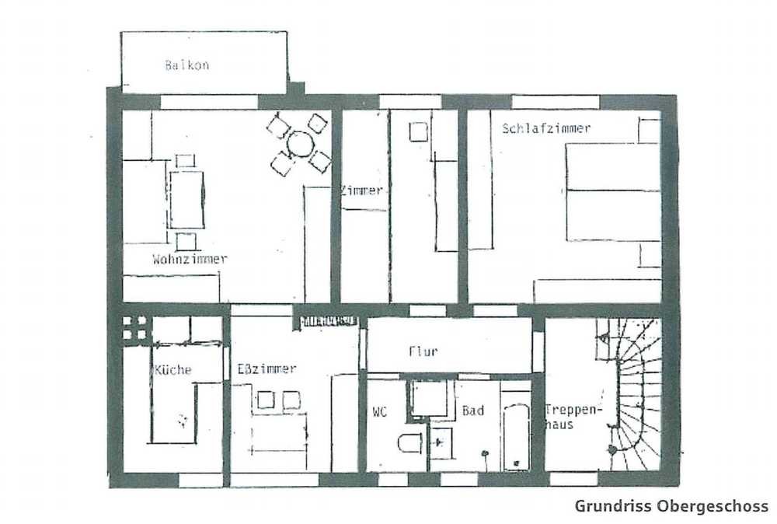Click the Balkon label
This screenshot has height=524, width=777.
(x=186, y=65)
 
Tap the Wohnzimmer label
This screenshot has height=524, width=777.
(x=190, y=259)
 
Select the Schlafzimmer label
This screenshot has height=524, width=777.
(x=546, y=128)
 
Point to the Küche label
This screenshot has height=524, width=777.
(x=173, y=370)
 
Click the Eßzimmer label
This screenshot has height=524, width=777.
(x=267, y=369)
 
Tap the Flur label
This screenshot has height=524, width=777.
(x=423, y=351)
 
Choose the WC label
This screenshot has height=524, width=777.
(x=380, y=411)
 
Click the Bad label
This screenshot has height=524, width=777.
(x=472, y=410)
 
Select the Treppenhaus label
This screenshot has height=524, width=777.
(x=573, y=417)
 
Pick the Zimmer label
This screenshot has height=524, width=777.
(x=362, y=190)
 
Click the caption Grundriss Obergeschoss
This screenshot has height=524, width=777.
(x=671, y=506)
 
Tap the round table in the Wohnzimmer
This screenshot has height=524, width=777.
(x=300, y=144)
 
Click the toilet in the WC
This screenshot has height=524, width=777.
(x=409, y=442)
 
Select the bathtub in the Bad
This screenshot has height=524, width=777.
(x=517, y=436)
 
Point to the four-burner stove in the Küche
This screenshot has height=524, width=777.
(x=134, y=328)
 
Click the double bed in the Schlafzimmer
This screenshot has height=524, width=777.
(x=614, y=192)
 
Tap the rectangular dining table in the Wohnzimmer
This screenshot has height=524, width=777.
(x=186, y=199)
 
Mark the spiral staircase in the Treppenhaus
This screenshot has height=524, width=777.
(x=629, y=394)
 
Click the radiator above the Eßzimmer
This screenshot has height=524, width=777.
(x=329, y=321)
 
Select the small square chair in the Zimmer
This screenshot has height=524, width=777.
(x=418, y=132)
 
